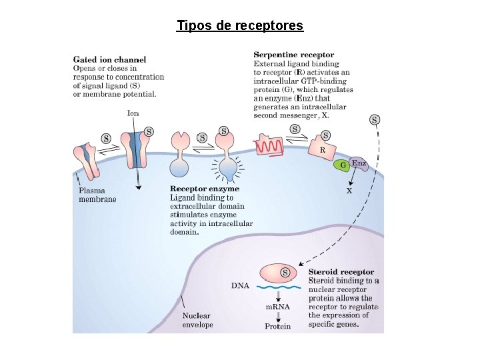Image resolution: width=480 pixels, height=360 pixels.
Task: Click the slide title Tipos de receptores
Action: click(240, 25)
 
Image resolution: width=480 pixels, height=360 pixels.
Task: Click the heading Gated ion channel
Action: click(109, 59)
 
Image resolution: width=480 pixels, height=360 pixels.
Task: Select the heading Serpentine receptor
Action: click(294, 55)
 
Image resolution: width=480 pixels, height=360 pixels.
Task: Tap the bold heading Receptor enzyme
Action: click(205, 189)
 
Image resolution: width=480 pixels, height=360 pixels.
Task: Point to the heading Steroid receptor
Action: click(341, 272)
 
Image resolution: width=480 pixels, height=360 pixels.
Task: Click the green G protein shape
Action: click(341, 165)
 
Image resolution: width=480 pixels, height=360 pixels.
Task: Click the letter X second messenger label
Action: click(349, 191)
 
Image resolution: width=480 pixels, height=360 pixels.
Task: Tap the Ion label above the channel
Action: click(133, 113)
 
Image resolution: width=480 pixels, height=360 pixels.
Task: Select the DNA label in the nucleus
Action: click(240, 285)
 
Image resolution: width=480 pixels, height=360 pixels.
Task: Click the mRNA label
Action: click(277, 307)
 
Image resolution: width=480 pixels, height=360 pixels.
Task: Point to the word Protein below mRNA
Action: click(277, 326)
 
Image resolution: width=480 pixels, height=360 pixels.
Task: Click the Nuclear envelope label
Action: click(197, 320)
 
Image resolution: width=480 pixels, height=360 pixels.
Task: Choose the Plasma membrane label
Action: click(97, 195)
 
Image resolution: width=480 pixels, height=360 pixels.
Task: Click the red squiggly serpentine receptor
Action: click(269, 146)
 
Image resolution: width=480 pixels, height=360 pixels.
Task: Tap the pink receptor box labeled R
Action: click(322, 149)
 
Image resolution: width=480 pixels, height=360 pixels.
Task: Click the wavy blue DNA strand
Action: click(279, 287)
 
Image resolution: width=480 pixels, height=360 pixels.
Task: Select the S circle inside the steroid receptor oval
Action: click(285, 272)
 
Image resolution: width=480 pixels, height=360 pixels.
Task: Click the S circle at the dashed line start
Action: click(375, 119)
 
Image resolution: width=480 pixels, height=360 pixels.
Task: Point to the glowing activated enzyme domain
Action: click(229, 170)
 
